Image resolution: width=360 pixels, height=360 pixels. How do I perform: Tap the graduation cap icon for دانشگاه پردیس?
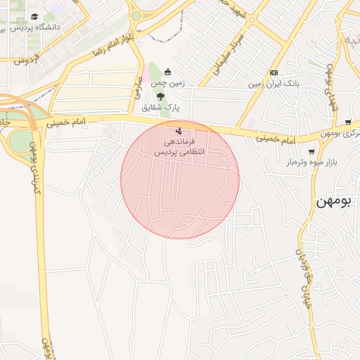coord(34,17)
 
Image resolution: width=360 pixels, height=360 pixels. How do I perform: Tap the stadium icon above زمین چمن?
coord(167,72)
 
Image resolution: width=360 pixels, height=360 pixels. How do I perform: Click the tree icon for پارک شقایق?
coord(161,96)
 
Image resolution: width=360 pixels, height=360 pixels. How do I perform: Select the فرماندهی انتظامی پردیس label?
coord(181,146)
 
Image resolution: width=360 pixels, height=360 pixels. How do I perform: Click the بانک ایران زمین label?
coord(274,84)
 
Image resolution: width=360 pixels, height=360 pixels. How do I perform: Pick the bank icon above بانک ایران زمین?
coord(274,72)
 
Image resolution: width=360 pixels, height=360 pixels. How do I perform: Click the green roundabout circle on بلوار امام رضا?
coord(136,15)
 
